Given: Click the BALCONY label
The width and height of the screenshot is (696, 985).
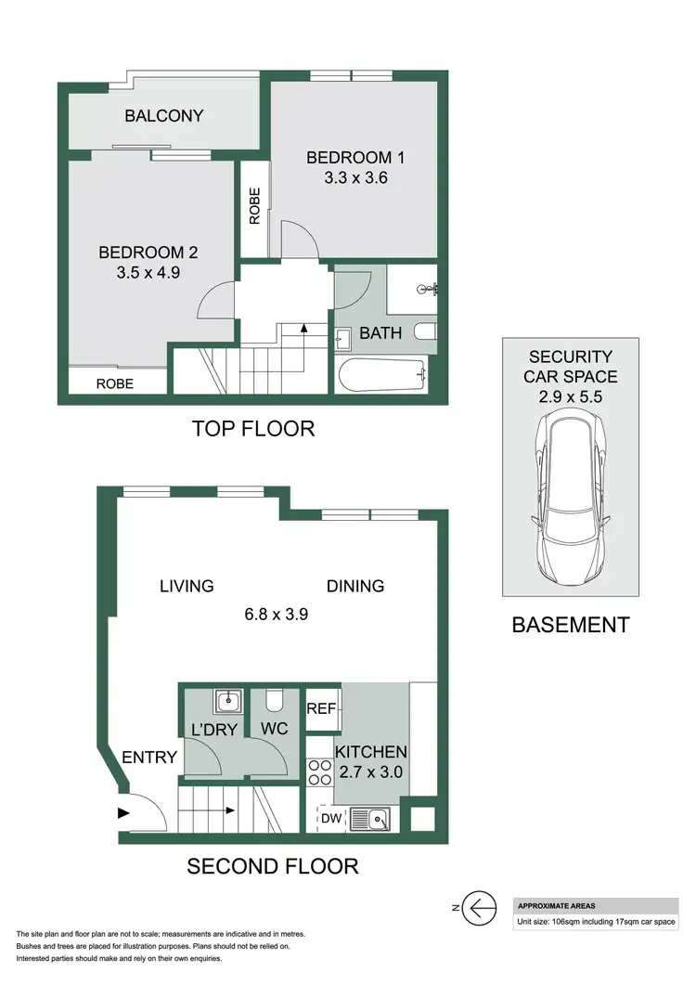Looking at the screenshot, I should pos(164,116).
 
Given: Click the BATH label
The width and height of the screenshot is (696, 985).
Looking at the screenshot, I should pos(380,332).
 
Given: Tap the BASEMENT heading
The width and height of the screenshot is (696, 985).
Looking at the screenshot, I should pos(570,625).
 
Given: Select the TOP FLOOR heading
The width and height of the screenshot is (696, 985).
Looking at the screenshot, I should pos(252,429).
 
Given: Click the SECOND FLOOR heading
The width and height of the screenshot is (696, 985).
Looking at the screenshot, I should pos(272,866).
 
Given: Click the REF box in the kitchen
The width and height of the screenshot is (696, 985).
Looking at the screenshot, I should pos(321,708).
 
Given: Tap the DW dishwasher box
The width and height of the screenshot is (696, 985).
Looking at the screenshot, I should pos(330,818).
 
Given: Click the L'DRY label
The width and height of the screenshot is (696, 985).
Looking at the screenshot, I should pos(215,730).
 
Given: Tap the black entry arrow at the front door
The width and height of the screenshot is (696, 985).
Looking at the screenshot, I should pos(123,813).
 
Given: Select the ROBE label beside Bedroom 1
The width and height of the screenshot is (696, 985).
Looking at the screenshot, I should pos(254,206).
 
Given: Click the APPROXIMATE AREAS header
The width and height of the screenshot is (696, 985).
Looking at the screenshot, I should pos(556,906).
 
